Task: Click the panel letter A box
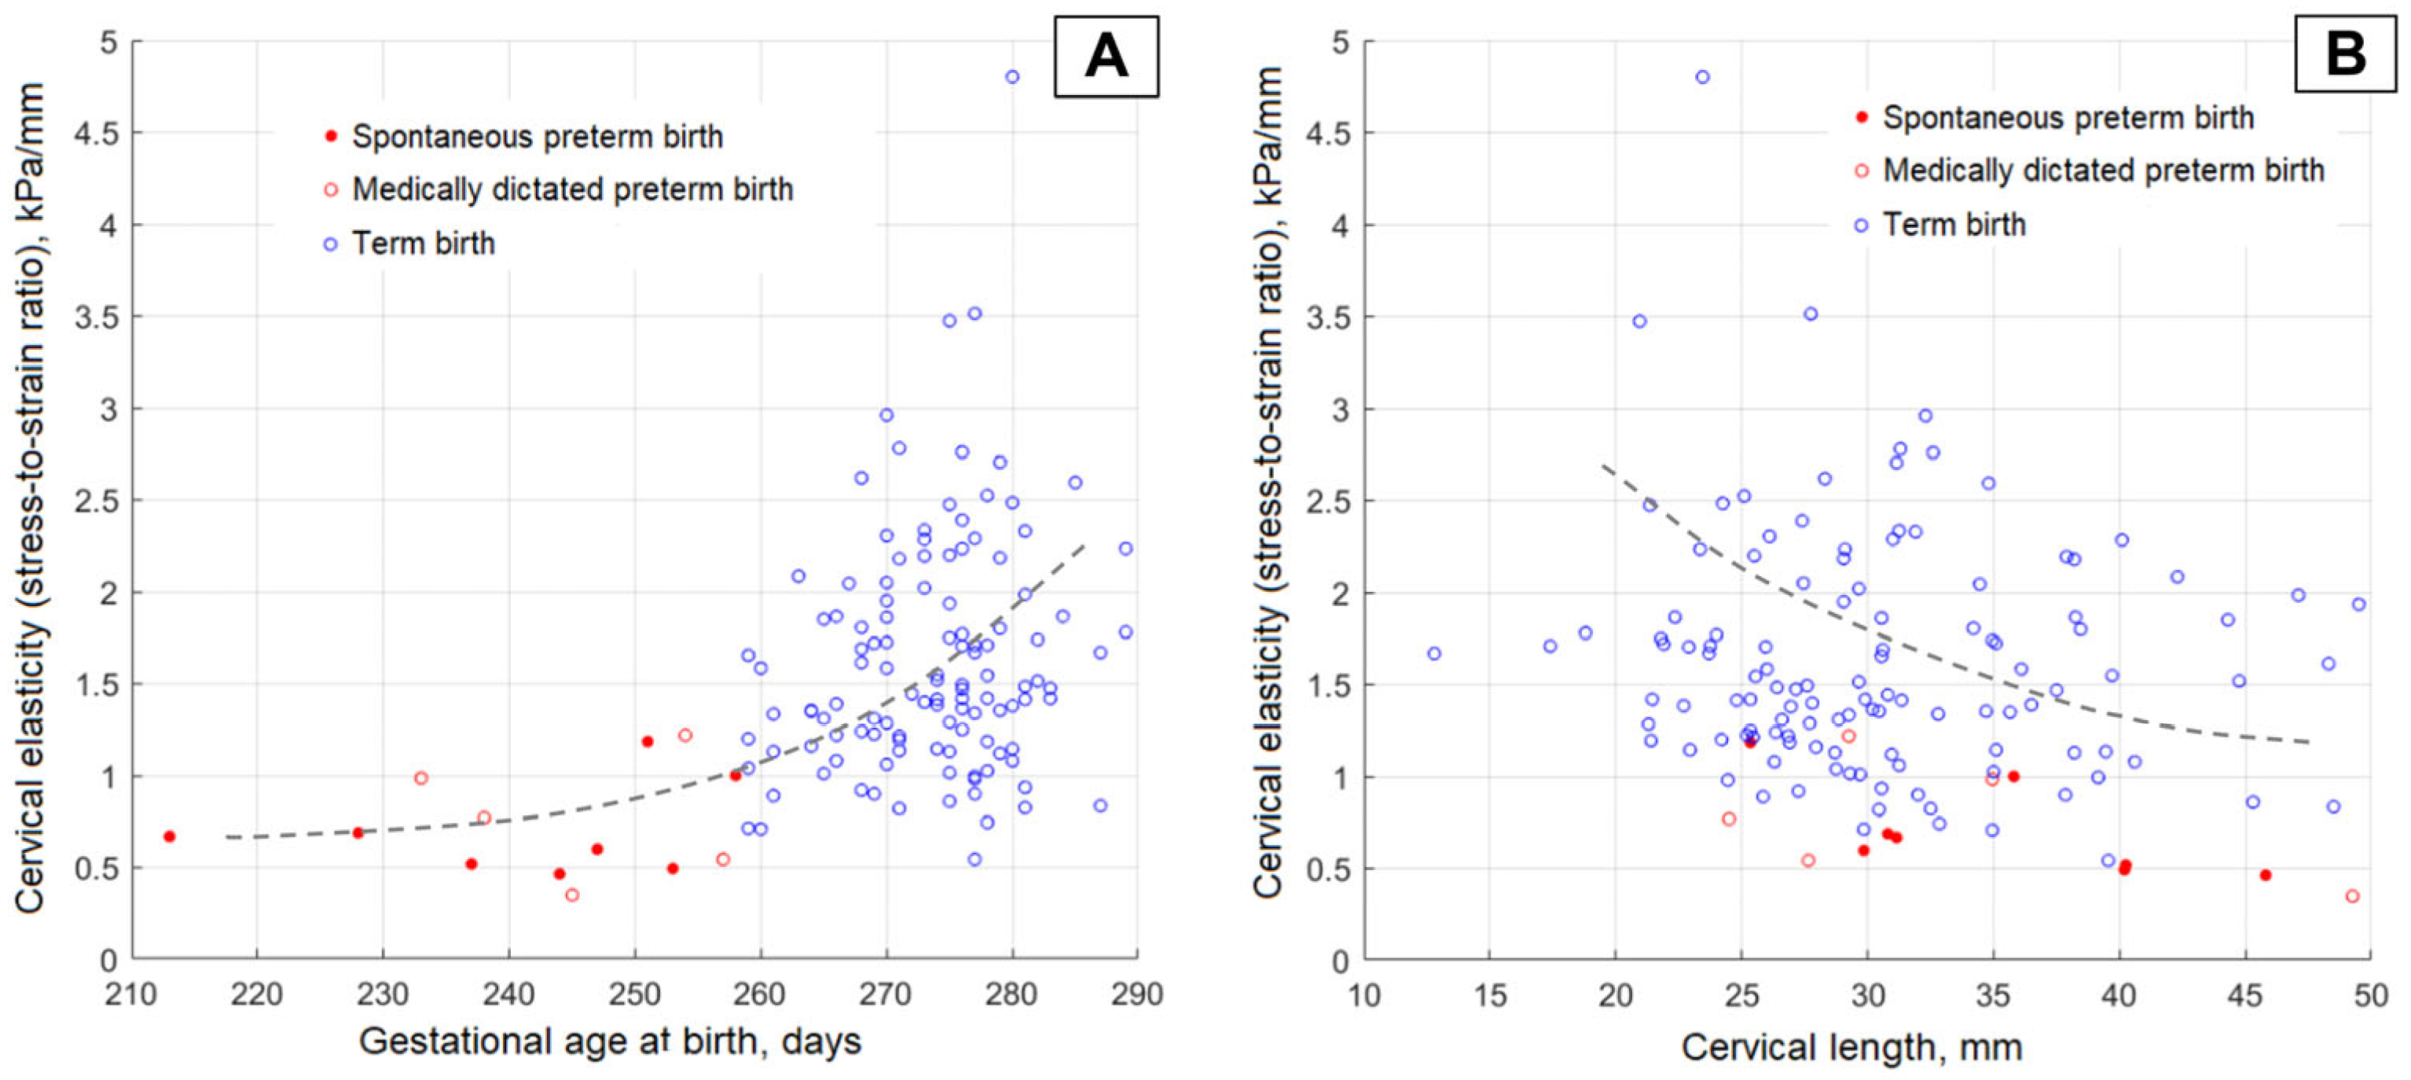tap(1106, 56)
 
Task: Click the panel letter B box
tap(2346, 53)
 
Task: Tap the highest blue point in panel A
tap(1011, 77)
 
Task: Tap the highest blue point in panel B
tap(1702, 77)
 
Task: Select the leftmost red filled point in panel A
tap(170, 836)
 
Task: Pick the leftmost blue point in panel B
tap(1434, 653)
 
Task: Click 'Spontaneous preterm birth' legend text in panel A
tap(538, 137)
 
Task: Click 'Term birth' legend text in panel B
tap(1954, 225)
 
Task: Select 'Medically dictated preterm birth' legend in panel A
tap(572, 189)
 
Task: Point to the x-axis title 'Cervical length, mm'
tap(1851, 1046)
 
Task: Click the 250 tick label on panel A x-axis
tap(634, 993)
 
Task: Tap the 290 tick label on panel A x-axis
tap(1137, 993)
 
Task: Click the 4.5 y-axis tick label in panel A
tap(97, 133)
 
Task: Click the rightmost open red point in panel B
tap(2352, 895)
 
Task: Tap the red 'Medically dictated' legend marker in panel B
tap(1862, 171)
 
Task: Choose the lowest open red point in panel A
tap(572, 894)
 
